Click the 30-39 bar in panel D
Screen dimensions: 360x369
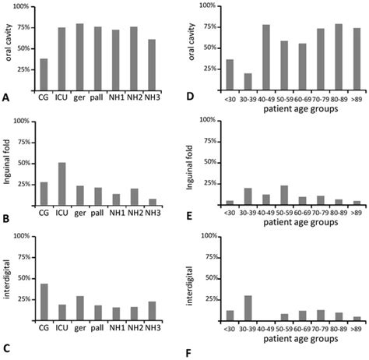click(247, 82)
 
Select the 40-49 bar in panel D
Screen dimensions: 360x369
click(265, 58)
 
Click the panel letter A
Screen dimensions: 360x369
click(6, 98)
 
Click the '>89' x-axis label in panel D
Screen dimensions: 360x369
click(356, 99)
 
